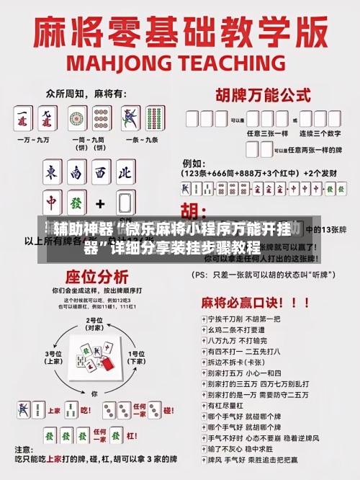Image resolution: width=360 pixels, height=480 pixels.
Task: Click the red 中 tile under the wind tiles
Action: coord(53,203)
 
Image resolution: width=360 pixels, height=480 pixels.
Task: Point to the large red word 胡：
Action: coord(192,211)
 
